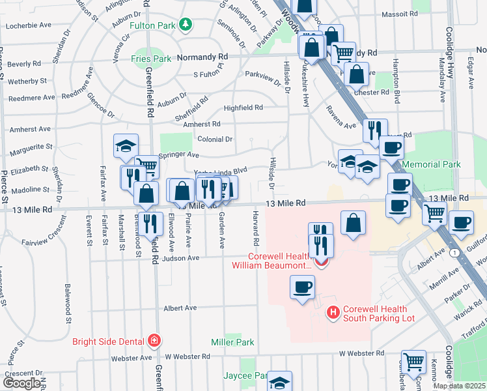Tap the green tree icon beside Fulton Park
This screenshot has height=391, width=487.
(187, 24)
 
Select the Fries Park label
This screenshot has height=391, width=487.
(152, 59)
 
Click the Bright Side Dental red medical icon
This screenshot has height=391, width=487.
(154, 340)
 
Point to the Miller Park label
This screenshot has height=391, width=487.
(232, 341)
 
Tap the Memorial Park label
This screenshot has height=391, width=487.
(432, 165)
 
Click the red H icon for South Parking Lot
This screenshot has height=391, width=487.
(333, 313)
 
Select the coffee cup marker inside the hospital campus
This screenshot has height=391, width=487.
(301, 287)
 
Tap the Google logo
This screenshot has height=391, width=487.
(21, 383)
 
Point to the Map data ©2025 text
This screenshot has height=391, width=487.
(459, 386)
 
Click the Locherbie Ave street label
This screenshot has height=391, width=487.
(29, 25)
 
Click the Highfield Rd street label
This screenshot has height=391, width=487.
(243, 108)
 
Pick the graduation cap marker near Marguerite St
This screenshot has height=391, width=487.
(126, 146)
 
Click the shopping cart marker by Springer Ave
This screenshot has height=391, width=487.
(147, 167)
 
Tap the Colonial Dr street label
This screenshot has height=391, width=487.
(215, 139)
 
